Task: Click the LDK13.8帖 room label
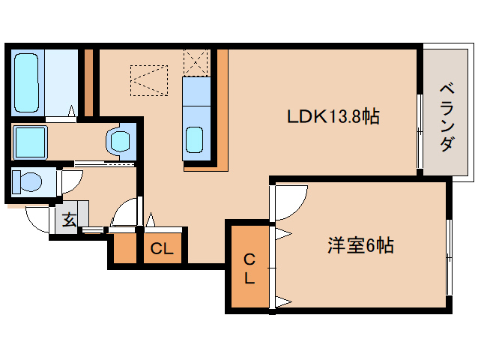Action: tap(333, 117)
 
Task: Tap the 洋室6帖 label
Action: tap(361, 245)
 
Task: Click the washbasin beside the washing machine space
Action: tap(120, 139)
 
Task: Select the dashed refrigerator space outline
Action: tap(149, 81)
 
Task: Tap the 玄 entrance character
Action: tap(68, 220)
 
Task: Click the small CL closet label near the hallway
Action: tap(162, 249)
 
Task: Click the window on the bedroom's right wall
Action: tap(449, 259)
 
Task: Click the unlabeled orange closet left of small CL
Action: tap(124, 250)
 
